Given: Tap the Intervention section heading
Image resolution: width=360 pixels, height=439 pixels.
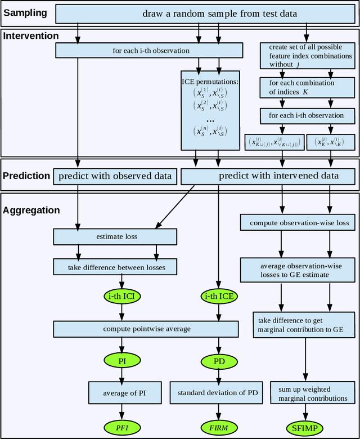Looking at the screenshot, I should click(x=31, y=36).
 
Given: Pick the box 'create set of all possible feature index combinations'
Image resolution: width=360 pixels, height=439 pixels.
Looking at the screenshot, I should click(x=307, y=56).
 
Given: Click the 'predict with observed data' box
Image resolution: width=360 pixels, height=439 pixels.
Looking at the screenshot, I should click(x=115, y=176).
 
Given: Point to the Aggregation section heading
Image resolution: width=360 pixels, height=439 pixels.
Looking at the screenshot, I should click(x=31, y=210).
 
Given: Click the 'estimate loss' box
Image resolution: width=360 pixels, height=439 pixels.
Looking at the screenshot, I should click(x=117, y=236).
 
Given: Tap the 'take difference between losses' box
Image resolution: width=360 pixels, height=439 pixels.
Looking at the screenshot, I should click(x=117, y=267).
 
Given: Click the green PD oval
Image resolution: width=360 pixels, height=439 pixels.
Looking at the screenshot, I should click(x=219, y=360).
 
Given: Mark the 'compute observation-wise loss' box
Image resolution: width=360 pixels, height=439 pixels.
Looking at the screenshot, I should click(x=299, y=223).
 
